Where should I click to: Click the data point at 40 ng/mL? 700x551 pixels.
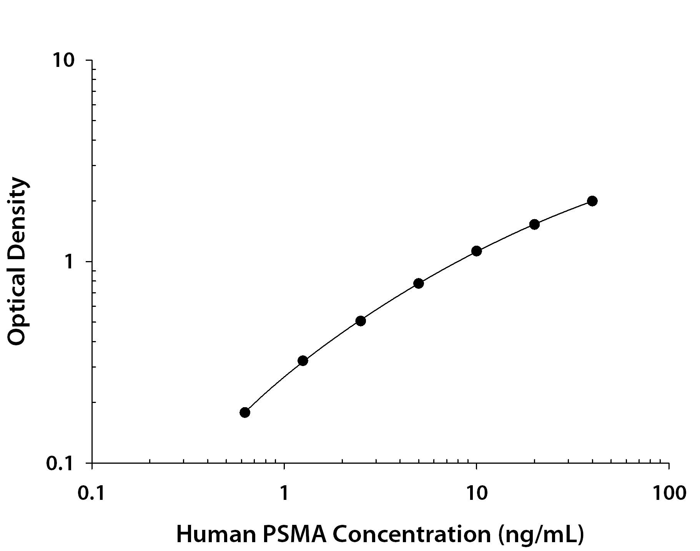[592, 201]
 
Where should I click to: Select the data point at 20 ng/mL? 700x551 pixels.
[534, 224]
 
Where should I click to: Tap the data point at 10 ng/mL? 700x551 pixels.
[476, 251]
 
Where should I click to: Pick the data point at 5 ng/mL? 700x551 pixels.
[419, 283]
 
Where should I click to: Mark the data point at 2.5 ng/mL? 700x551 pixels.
[361, 321]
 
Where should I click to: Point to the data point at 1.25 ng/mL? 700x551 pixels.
[303, 361]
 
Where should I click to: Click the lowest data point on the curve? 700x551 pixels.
[245, 413]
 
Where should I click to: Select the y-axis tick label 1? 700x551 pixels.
[70, 262]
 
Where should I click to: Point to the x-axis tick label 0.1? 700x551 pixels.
[92, 493]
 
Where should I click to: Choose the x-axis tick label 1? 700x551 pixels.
[284, 493]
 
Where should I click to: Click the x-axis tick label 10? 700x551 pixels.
[476, 493]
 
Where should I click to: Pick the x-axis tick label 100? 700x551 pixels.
[669, 493]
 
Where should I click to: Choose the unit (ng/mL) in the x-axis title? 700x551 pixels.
[541, 534]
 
